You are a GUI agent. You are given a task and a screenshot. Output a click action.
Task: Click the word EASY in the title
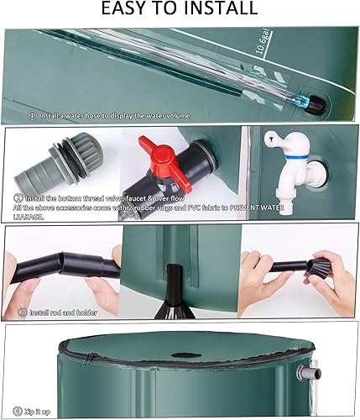(123, 10)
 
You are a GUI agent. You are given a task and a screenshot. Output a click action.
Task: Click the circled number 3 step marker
(22, 312)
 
